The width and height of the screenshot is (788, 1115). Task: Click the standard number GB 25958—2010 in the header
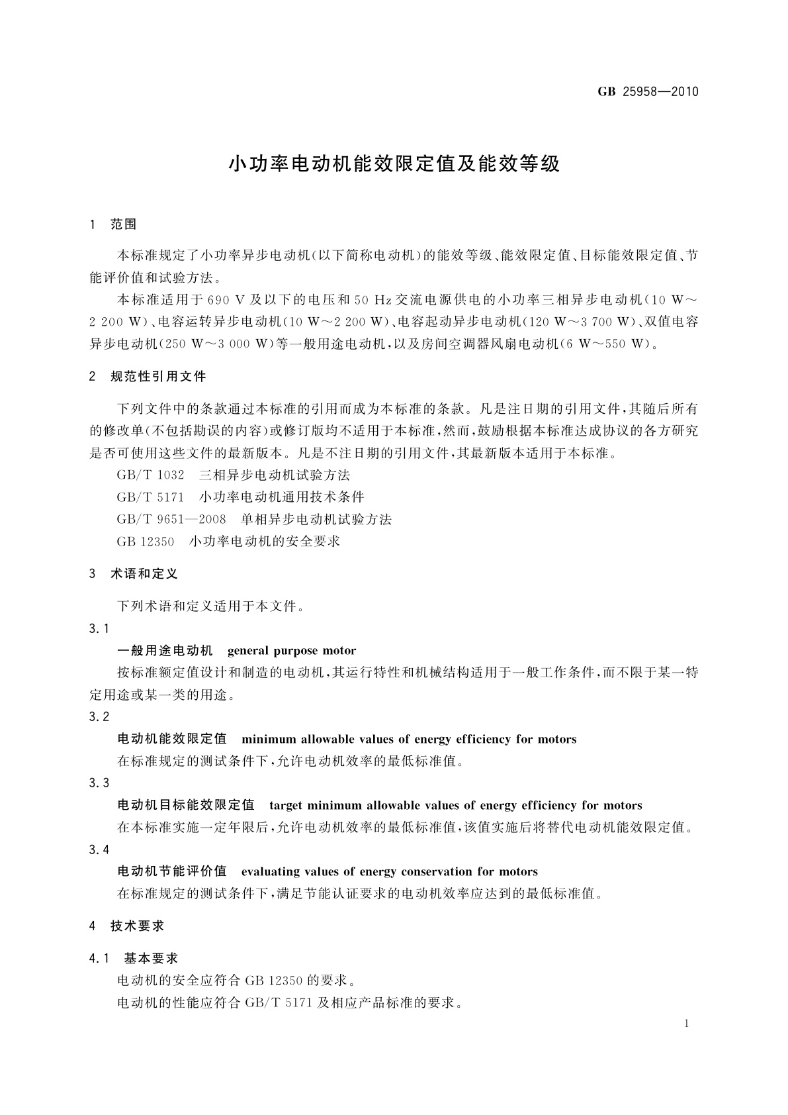pyautogui.click(x=648, y=92)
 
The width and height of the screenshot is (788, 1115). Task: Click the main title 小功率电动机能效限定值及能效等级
pyautogui.click(x=394, y=164)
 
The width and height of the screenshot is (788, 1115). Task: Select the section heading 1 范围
pyautogui.click(x=113, y=224)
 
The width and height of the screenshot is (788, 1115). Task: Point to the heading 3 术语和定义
pyautogui.click(x=134, y=574)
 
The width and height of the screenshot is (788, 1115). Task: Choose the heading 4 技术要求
pyautogui.click(x=127, y=926)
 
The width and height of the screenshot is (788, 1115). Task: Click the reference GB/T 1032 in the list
pyautogui.click(x=150, y=475)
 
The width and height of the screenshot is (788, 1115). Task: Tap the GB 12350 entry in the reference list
pyautogui.click(x=146, y=542)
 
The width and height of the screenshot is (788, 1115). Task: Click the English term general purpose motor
pyautogui.click(x=292, y=651)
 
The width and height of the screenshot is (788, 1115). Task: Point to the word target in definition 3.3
pyautogui.click(x=286, y=806)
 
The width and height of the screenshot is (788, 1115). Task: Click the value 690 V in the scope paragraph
pyautogui.click(x=227, y=300)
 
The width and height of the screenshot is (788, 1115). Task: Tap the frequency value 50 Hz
pyautogui.click(x=373, y=300)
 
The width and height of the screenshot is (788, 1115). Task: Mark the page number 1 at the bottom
pyautogui.click(x=687, y=1024)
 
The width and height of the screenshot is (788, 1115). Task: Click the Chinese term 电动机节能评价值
pyautogui.click(x=172, y=872)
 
